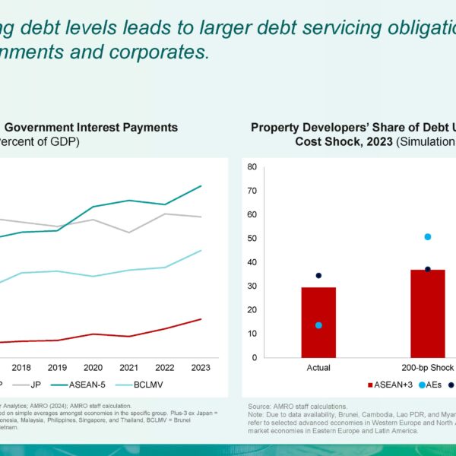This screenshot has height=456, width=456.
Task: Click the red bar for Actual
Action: [318, 322]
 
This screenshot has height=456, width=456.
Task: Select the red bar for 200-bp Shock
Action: [427, 313]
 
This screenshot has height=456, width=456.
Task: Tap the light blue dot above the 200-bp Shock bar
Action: [428, 237]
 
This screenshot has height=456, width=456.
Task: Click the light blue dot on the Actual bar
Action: [318, 325]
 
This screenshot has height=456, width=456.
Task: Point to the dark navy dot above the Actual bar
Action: [318, 275]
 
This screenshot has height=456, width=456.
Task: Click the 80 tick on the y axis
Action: [252, 166]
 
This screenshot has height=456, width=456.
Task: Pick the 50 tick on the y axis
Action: [252, 239]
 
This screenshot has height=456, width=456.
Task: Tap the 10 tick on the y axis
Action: [252, 334]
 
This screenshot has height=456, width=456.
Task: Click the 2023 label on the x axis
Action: [200, 368]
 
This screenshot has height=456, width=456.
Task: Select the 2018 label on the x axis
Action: [21, 368]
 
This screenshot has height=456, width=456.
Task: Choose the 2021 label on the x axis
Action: [128, 368]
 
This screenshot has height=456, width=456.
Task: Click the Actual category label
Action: [318, 368]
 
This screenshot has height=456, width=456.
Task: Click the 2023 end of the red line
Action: [201, 319]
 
